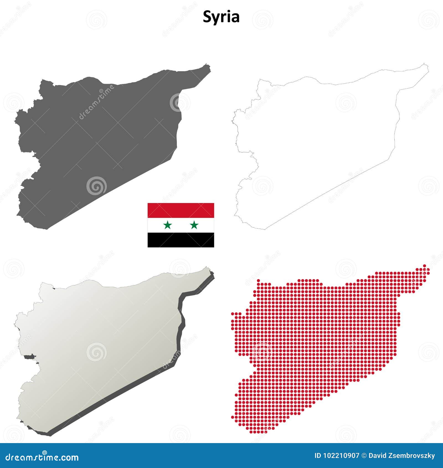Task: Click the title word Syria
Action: coord(221,17)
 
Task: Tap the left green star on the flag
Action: coord(168,225)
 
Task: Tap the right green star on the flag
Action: coord(194,225)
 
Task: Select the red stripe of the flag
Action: coord(181,210)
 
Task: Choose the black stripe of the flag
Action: coord(181,240)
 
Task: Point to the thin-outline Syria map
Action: coord(318,138)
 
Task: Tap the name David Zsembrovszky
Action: coord(402,456)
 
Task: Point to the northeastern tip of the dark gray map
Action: coord(207,65)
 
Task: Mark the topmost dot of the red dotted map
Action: coord(424,266)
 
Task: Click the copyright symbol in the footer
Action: coord(364,456)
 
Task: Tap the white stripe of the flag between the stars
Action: coord(181,225)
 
